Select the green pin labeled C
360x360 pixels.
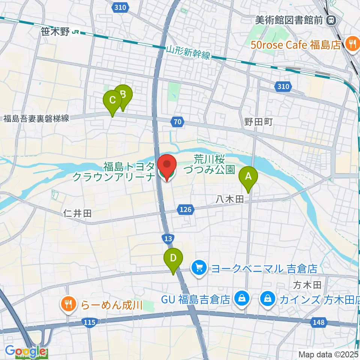pyautogui.click(x=112, y=100)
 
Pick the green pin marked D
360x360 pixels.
pyautogui.click(x=173, y=258)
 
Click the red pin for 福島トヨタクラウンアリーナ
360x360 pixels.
pyautogui.click(x=166, y=165)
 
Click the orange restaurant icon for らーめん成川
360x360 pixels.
pyautogui.click(x=68, y=304)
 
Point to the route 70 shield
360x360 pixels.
pyautogui.click(x=178, y=121)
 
